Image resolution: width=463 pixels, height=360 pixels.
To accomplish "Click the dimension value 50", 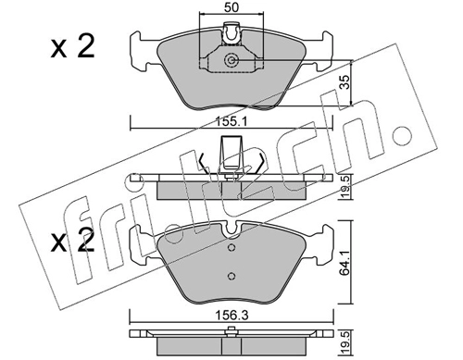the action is [x=231, y=7].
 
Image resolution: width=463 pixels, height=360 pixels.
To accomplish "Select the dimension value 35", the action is [x=345, y=82].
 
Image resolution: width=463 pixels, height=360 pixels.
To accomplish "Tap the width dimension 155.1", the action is [x=231, y=122].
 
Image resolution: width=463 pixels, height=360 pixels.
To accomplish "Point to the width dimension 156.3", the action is [x=231, y=316].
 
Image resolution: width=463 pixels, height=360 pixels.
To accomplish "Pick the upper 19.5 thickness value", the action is [x=345, y=187].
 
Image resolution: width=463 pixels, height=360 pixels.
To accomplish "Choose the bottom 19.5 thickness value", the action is [x=345, y=341].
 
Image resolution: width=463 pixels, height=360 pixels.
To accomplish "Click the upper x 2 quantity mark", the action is [x=72, y=47].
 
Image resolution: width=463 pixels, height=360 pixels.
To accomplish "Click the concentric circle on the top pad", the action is [x=231, y=59].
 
